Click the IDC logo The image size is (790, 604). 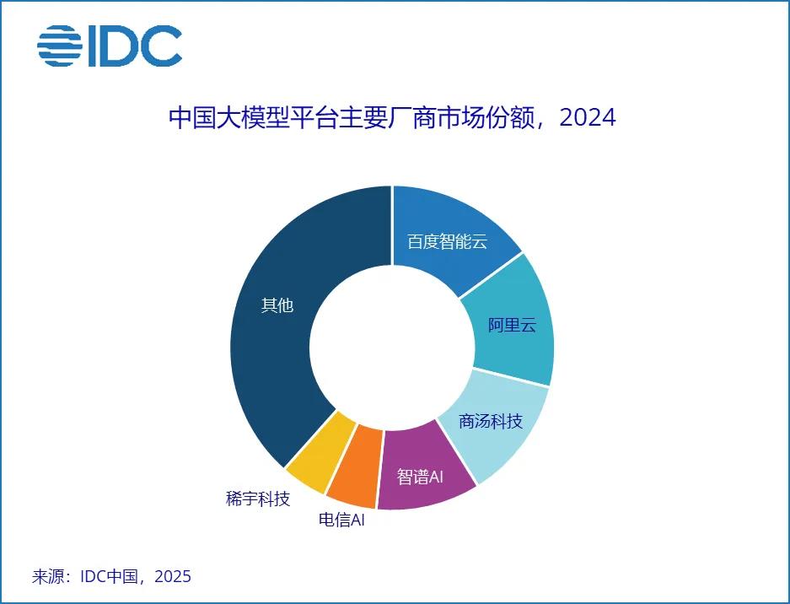(110, 46)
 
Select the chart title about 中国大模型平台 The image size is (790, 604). (392, 116)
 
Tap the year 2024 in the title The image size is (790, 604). (587, 116)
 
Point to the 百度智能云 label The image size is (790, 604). (447, 241)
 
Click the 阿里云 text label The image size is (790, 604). (512, 325)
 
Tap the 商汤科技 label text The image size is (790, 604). (491, 421)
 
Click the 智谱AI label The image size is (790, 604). (420, 477)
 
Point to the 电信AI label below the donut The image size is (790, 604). (341, 520)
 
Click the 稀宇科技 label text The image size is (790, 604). (258, 498)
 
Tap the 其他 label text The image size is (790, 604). (277, 305)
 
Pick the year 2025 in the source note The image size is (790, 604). (173, 577)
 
